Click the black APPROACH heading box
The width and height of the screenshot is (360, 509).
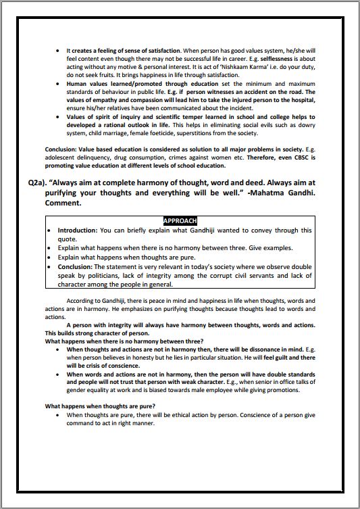(180, 221)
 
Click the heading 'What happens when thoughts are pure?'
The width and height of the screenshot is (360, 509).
(94, 406)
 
